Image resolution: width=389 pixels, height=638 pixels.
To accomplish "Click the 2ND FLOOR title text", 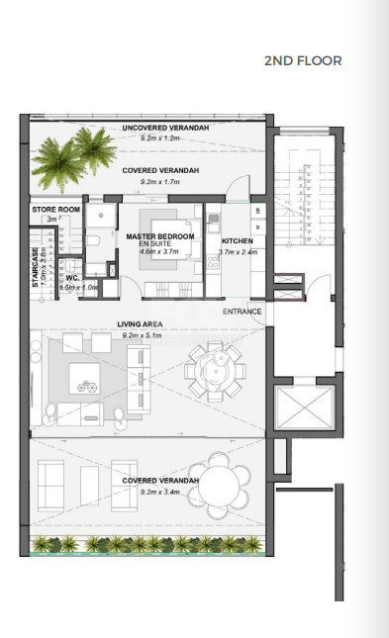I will tap(303, 61).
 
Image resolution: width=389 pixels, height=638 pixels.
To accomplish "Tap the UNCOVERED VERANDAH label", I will tap(161, 129).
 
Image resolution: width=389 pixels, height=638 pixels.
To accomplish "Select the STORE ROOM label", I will tap(54, 211).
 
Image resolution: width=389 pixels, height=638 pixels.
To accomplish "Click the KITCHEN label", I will tap(238, 242).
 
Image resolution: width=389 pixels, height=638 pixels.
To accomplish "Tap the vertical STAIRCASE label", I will tap(35, 266).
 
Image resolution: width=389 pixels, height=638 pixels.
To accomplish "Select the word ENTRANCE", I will tap(243, 313).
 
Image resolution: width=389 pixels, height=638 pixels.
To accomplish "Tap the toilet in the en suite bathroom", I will tap(90, 240).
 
